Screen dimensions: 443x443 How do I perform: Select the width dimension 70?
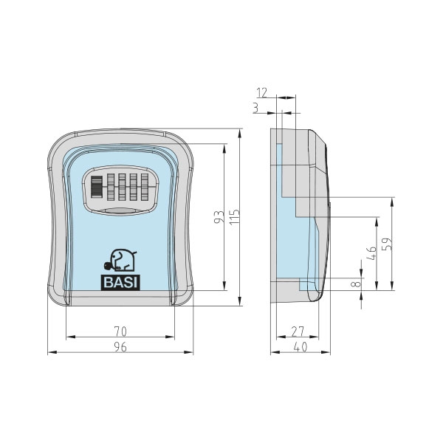120,330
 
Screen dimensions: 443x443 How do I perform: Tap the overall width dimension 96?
120,346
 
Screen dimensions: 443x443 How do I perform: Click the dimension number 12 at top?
261,92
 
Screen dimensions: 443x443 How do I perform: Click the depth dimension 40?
299,346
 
